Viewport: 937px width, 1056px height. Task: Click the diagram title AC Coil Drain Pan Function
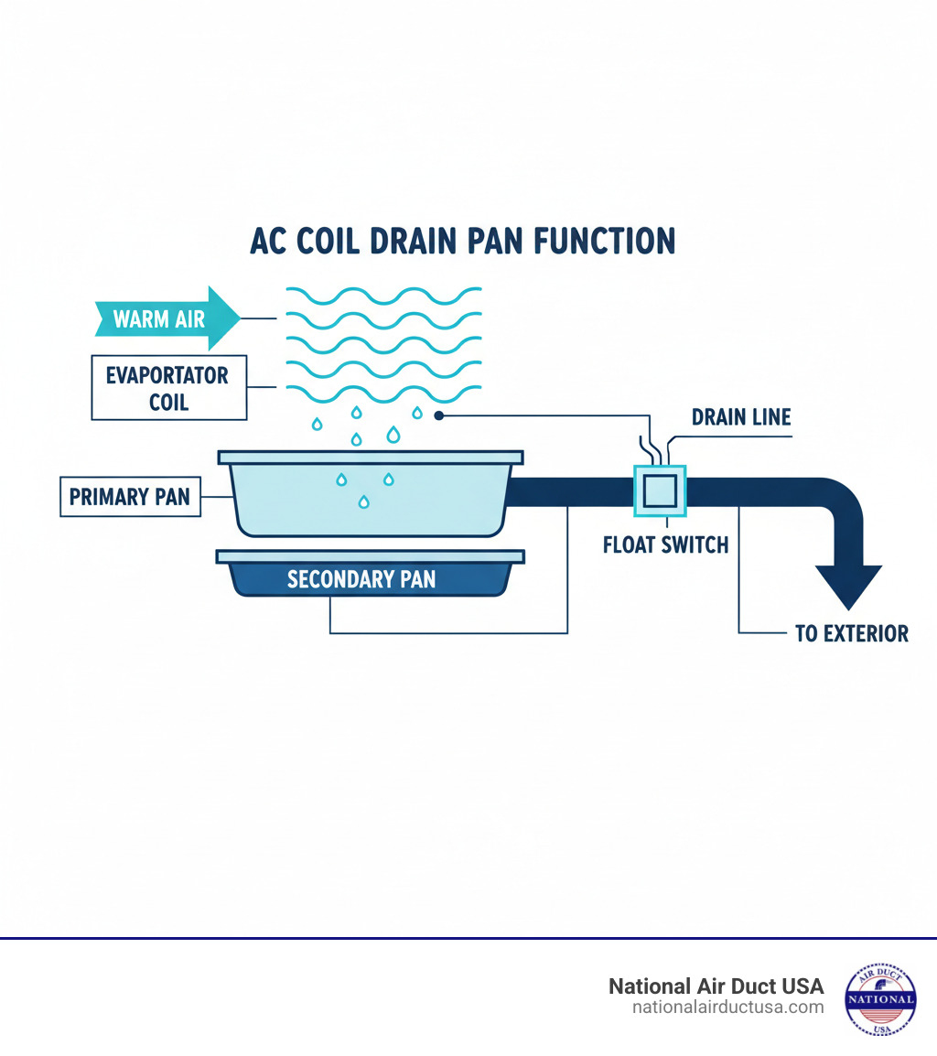tap(462, 240)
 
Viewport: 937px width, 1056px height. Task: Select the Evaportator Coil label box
tap(168, 387)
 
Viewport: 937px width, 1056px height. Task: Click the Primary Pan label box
tap(130, 497)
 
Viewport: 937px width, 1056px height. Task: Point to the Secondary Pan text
tap(361, 579)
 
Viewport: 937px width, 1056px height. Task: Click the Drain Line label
tap(740, 417)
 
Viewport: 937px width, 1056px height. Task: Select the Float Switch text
tap(665, 545)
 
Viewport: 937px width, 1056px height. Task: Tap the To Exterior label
tap(851, 633)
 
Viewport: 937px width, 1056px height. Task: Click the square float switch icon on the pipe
tap(660, 491)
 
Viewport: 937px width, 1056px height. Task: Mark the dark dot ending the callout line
tap(439, 415)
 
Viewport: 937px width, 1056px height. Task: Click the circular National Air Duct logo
tap(879, 998)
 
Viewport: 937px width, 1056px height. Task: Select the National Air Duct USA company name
tap(716, 986)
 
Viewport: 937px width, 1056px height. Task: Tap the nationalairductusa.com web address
tap(727, 1008)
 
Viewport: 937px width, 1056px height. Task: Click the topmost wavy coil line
tap(384, 295)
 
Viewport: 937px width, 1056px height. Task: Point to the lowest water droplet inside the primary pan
tap(364, 501)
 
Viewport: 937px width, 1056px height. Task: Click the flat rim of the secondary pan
tap(371, 555)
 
